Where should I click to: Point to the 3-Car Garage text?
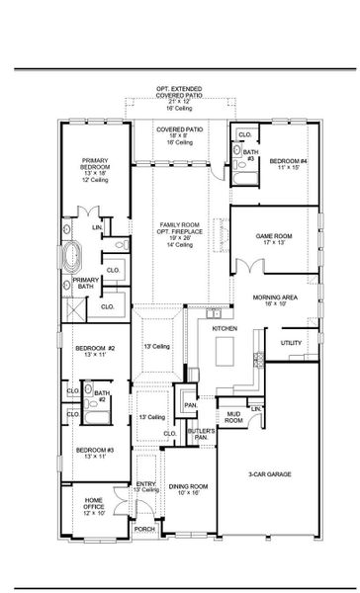pyautogui.click(x=271, y=473)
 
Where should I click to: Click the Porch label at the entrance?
pyautogui.click(x=143, y=529)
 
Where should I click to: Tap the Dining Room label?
pyautogui.click(x=187, y=487)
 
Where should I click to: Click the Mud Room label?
pyautogui.click(x=233, y=419)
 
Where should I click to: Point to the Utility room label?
pyautogui.click(x=291, y=343)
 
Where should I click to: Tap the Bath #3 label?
pyautogui.click(x=251, y=156)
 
